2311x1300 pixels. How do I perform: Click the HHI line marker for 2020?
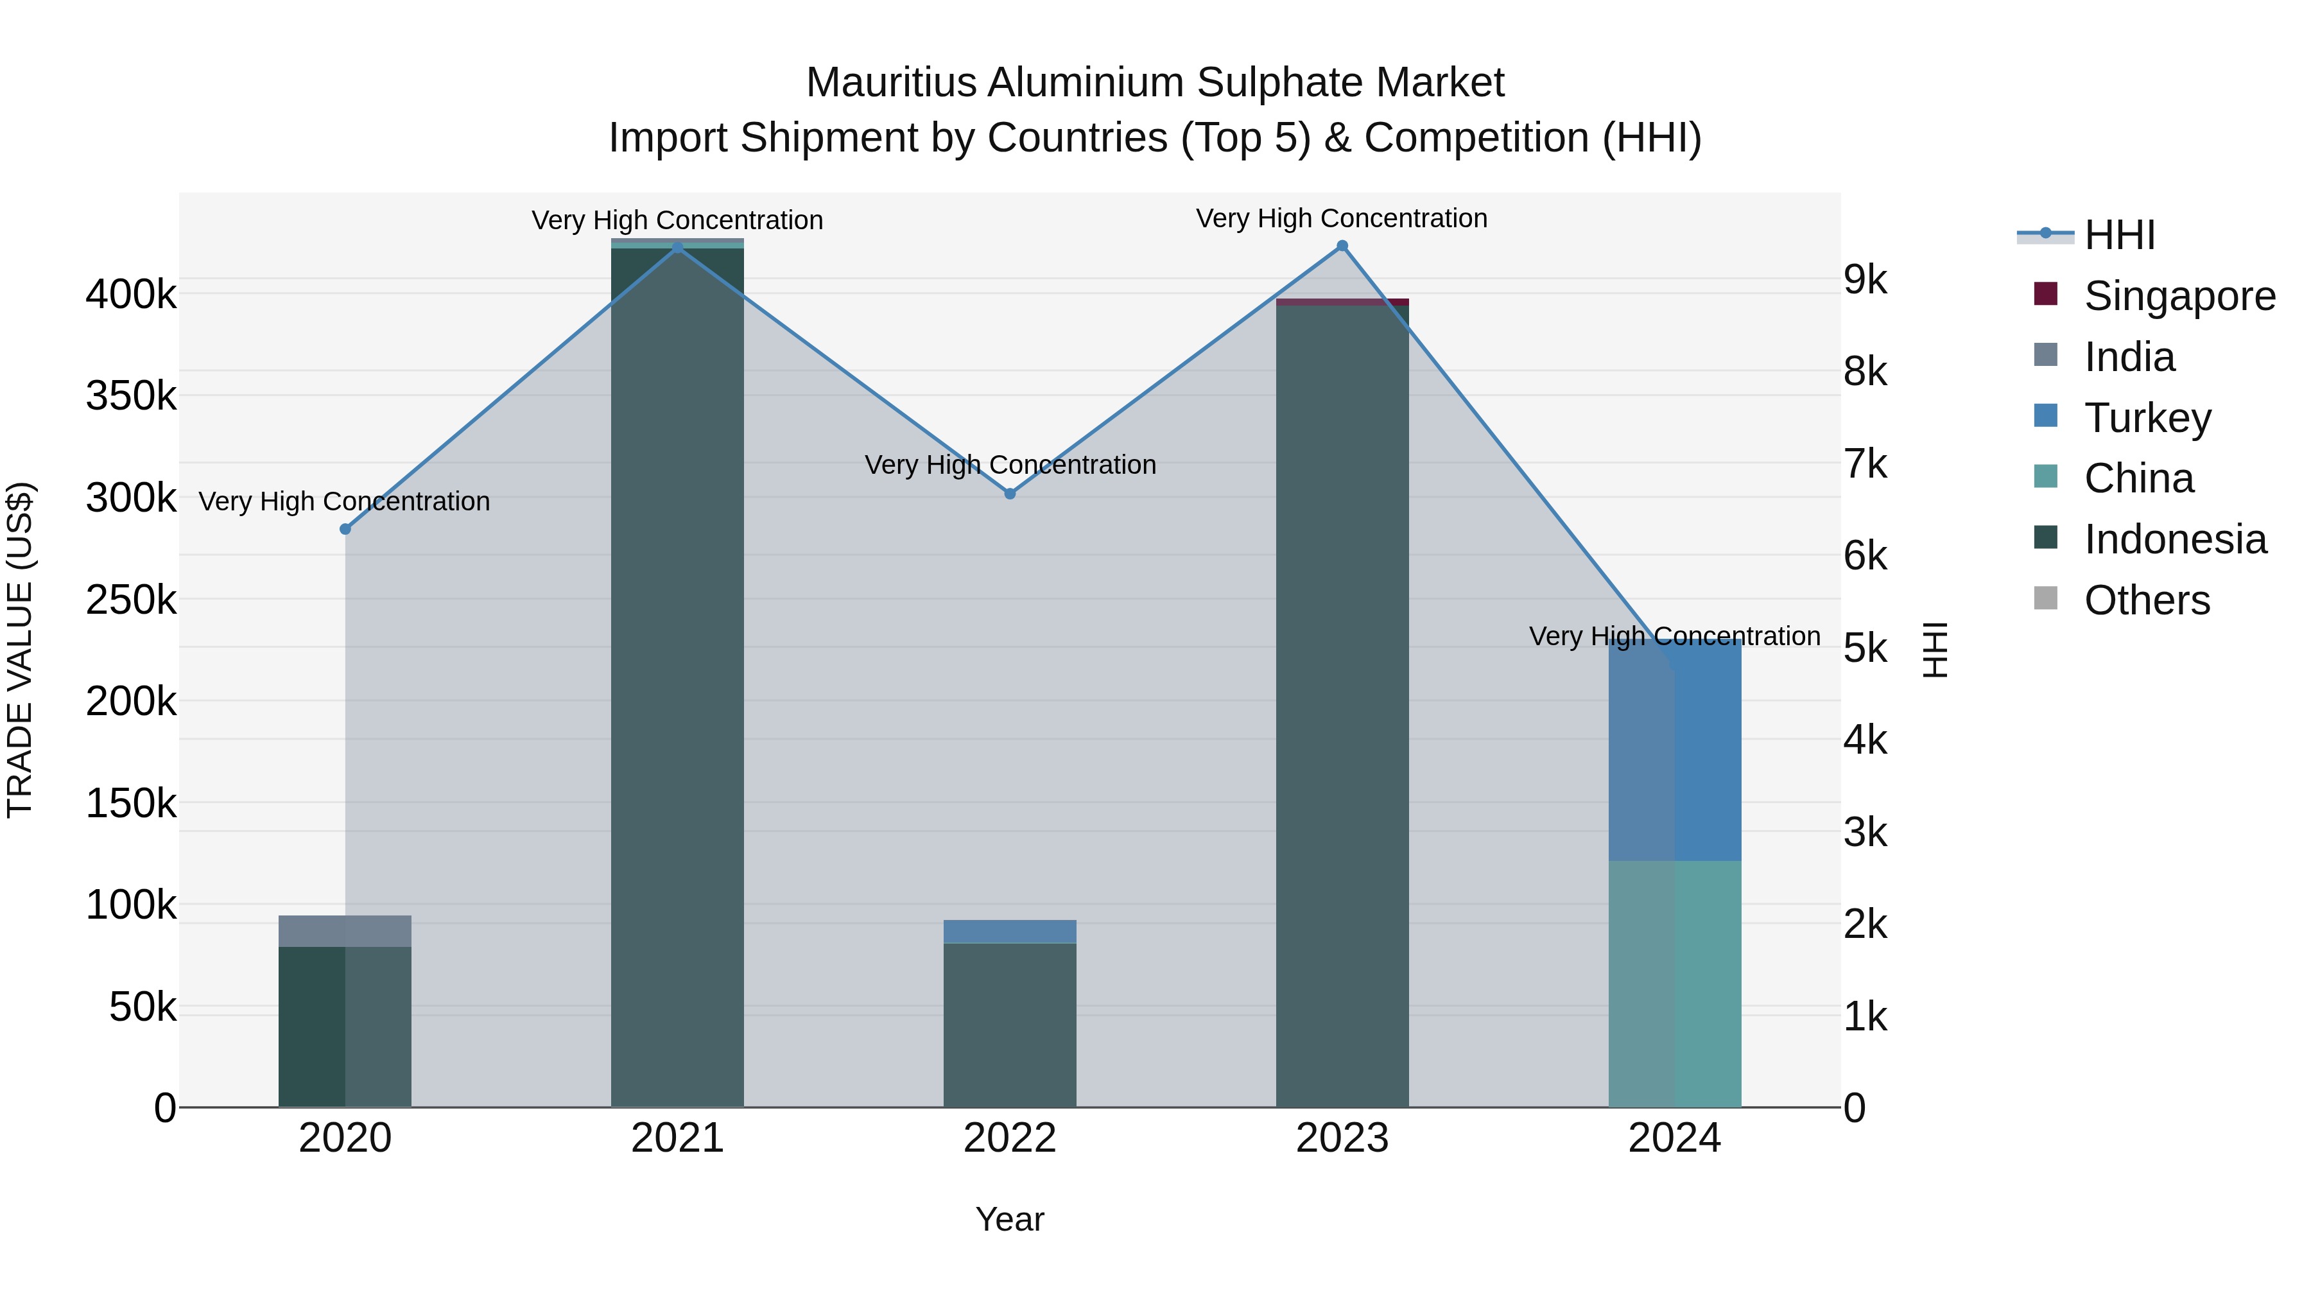click(345, 530)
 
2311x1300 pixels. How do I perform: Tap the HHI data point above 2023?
click(1342, 246)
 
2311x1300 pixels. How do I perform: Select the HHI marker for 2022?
click(1010, 494)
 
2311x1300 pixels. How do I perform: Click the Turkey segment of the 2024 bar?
click(1675, 750)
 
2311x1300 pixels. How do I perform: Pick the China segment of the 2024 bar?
click(1675, 984)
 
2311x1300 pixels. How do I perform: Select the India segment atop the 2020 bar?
click(345, 932)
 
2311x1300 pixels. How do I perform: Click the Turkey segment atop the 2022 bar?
click(1010, 932)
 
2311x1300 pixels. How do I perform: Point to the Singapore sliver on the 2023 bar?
click(1342, 302)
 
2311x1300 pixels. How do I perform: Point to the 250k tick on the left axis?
click(131, 600)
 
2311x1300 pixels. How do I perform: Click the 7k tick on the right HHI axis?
click(1866, 464)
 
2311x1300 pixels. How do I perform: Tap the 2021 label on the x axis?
click(677, 1138)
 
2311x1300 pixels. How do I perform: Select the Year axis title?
click(1010, 1219)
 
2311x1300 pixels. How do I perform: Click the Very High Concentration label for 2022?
click(1010, 465)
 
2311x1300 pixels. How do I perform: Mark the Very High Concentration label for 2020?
click(345, 501)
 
